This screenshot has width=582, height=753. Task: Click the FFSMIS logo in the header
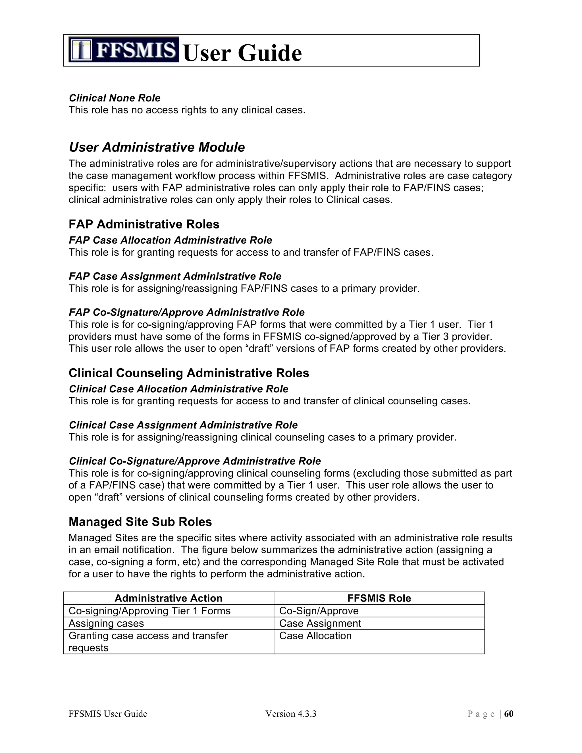point(123,50)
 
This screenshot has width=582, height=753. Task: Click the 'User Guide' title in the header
point(242,53)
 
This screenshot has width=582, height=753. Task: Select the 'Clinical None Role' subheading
point(115,98)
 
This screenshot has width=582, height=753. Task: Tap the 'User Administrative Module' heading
point(157,147)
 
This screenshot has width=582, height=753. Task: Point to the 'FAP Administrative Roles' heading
point(144,224)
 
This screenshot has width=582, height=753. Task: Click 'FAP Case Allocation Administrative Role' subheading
point(170,240)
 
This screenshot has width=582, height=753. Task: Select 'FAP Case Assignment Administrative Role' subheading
point(175,276)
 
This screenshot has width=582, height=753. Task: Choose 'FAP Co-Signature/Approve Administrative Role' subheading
point(186,312)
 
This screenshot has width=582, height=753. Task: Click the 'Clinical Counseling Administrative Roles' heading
point(189,373)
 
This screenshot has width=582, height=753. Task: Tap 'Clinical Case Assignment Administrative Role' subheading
point(183,425)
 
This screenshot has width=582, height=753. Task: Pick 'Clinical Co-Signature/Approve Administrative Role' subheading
point(195,461)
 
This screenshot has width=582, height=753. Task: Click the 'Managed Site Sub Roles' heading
point(140,522)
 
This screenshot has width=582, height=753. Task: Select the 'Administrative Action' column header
point(168,598)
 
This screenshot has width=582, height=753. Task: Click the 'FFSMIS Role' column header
point(379,598)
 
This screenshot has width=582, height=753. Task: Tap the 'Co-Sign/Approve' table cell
point(319,611)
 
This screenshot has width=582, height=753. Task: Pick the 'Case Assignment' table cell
point(320,623)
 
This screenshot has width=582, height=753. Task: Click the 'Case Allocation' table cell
point(315,636)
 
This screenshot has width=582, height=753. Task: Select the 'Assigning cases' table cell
point(106,623)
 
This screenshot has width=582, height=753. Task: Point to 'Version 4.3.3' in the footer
point(291,714)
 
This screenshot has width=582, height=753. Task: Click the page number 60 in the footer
point(509,714)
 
